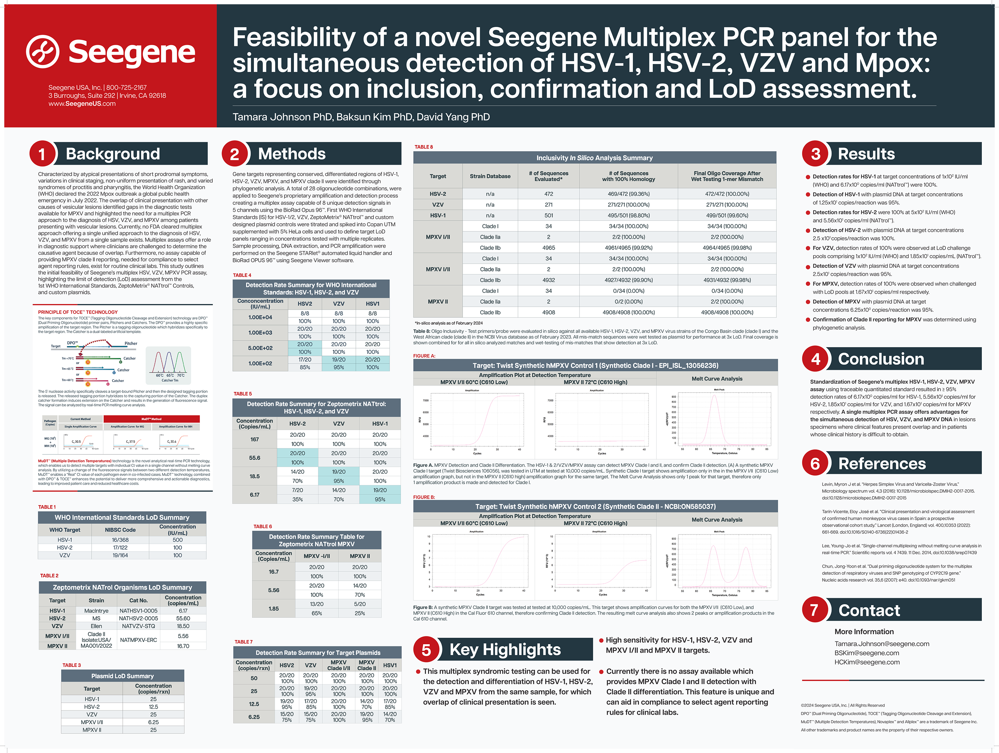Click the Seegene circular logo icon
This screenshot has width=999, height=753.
click(x=42, y=52)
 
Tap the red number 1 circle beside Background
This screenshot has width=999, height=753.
click(x=42, y=154)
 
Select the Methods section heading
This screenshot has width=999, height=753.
click(x=292, y=154)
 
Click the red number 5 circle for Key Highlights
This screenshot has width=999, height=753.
click(x=426, y=650)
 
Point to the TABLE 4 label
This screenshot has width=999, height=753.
click(x=242, y=275)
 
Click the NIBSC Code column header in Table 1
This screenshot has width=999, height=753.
click(x=120, y=530)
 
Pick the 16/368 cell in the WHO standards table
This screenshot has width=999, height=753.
click(x=120, y=540)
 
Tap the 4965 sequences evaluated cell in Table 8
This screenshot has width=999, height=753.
click(x=549, y=248)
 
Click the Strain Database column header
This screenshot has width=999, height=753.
click(x=490, y=176)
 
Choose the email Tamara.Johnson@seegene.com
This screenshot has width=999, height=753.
click(x=882, y=644)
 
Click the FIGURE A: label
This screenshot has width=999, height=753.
click(x=424, y=356)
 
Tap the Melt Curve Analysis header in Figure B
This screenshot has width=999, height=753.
click(x=717, y=519)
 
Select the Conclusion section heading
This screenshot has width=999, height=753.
click(x=881, y=359)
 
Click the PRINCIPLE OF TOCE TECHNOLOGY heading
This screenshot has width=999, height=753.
click(x=78, y=312)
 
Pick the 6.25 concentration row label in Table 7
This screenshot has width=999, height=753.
click(x=254, y=717)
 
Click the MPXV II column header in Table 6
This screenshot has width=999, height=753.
click(x=359, y=556)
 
